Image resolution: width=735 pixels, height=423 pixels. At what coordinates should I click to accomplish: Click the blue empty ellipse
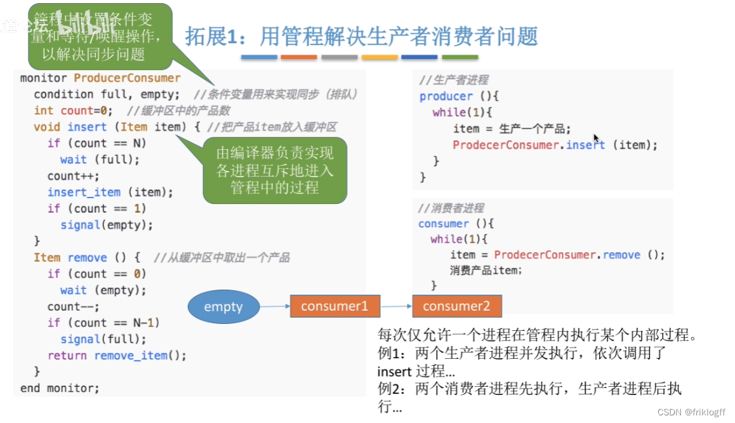tap(223, 307)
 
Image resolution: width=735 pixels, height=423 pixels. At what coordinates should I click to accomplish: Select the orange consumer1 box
tap(334, 306)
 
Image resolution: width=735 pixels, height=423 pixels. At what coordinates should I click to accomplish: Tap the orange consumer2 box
tap(456, 306)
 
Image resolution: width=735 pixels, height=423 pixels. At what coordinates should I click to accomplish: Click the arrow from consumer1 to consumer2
tap(396, 307)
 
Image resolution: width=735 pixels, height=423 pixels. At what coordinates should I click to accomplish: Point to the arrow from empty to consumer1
tap(275, 307)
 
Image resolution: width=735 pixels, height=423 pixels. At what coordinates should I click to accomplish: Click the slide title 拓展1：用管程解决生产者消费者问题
tap(361, 36)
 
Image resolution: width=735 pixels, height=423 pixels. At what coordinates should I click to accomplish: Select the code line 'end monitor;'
tap(60, 387)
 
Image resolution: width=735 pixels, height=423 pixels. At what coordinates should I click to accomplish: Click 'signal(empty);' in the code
tap(107, 225)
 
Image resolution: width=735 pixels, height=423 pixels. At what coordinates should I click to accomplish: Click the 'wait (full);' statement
tap(100, 159)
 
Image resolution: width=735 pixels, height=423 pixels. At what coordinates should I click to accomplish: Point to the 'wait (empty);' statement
tap(103, 290)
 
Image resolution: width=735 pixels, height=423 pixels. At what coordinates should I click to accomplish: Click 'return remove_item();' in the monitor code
tap(117, 356)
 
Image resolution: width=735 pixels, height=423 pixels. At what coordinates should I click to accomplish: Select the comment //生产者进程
tap(454, 80)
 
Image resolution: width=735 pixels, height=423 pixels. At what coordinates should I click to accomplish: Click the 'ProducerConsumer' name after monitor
tap(127, 78)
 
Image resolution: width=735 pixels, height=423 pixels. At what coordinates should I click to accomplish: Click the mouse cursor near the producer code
tap(596, 138)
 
